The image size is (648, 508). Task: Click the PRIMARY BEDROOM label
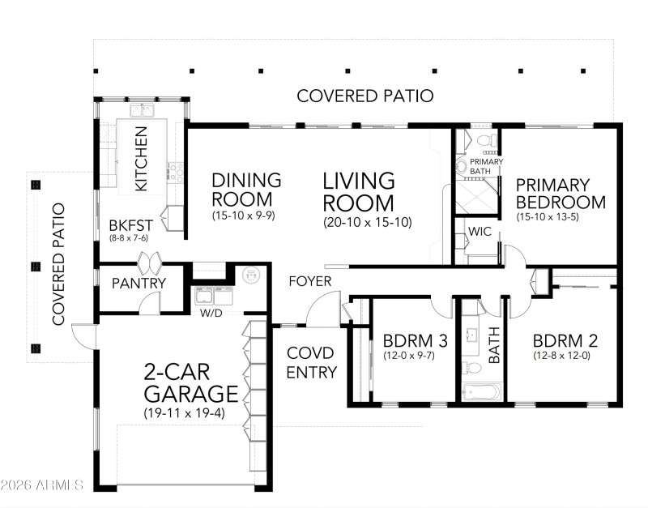[x=561, y=194]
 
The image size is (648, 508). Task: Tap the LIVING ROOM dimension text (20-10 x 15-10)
[x=367, y=221]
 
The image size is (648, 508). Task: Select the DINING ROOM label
[x=246, y=189]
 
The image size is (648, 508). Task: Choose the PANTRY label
[x=139, y=284]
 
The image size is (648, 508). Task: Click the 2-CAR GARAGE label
[x=191, y=383]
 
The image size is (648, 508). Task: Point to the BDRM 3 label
[x=403, y=341]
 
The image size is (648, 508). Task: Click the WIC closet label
[x=480, y=232]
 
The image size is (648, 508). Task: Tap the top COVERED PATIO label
[x=364, y=96]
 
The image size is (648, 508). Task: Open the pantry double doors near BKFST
[x=151, y=263]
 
